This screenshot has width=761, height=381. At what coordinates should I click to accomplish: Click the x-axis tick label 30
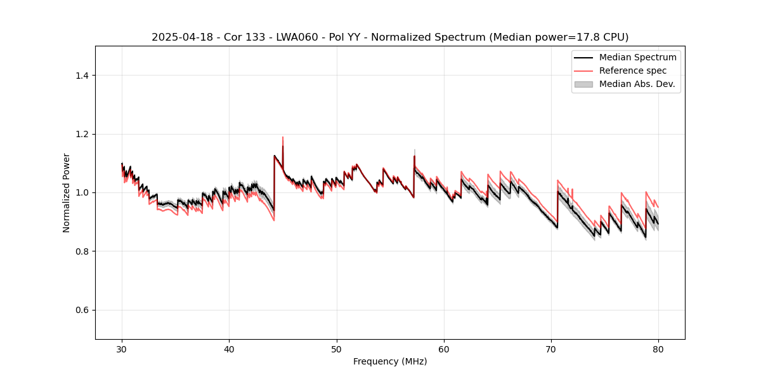(122, 349)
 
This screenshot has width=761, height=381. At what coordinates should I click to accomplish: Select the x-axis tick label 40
(229, 349)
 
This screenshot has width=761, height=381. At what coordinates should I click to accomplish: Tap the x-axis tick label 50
(337, 349)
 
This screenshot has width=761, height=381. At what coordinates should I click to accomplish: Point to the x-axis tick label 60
(444, 349)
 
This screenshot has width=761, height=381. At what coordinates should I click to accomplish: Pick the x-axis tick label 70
(551, 349)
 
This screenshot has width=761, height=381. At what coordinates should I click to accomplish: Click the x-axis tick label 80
(658, 349)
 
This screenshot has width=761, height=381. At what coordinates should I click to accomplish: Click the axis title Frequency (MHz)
(390, 361)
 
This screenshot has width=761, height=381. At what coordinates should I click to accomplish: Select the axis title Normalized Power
(67, 192)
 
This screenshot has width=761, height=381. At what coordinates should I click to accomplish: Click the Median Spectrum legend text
(637, 57)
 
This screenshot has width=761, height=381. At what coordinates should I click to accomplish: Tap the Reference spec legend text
(633, 70)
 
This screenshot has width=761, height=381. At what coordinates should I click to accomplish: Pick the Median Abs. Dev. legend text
(637, 84)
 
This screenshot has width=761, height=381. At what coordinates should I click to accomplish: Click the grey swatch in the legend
(583, 84)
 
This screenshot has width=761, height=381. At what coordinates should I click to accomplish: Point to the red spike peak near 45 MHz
(283, 137)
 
